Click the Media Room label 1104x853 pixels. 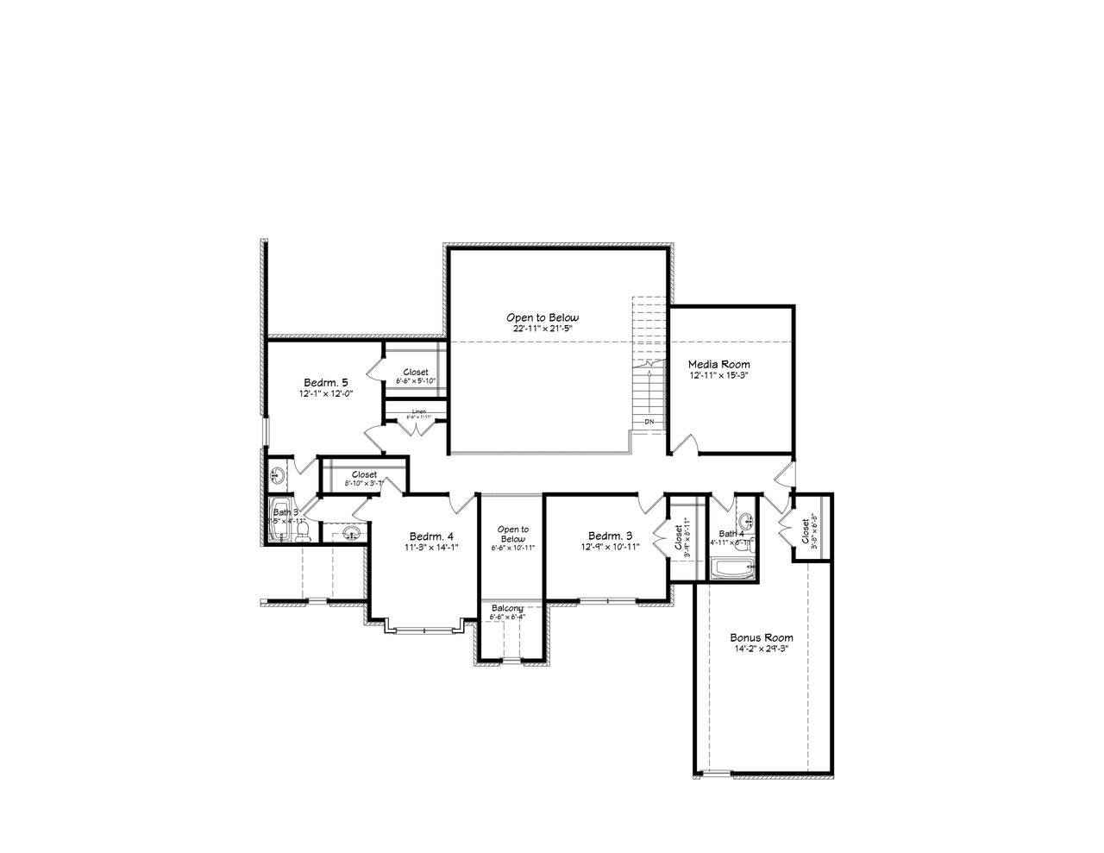point(718,364)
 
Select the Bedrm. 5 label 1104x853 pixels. point(326,382)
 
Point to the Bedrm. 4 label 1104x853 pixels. point(431,535)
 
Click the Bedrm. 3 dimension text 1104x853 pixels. point(610,546)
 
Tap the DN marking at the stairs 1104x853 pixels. point(649,422)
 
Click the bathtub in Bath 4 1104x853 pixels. point(732,569)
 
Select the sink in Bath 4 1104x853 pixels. point(747,521)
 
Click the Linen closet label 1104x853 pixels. point(418,412)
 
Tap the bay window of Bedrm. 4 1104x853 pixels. point(423,630)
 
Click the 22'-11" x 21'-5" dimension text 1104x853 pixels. point(543,329)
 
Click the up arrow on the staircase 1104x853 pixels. point(648,379)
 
